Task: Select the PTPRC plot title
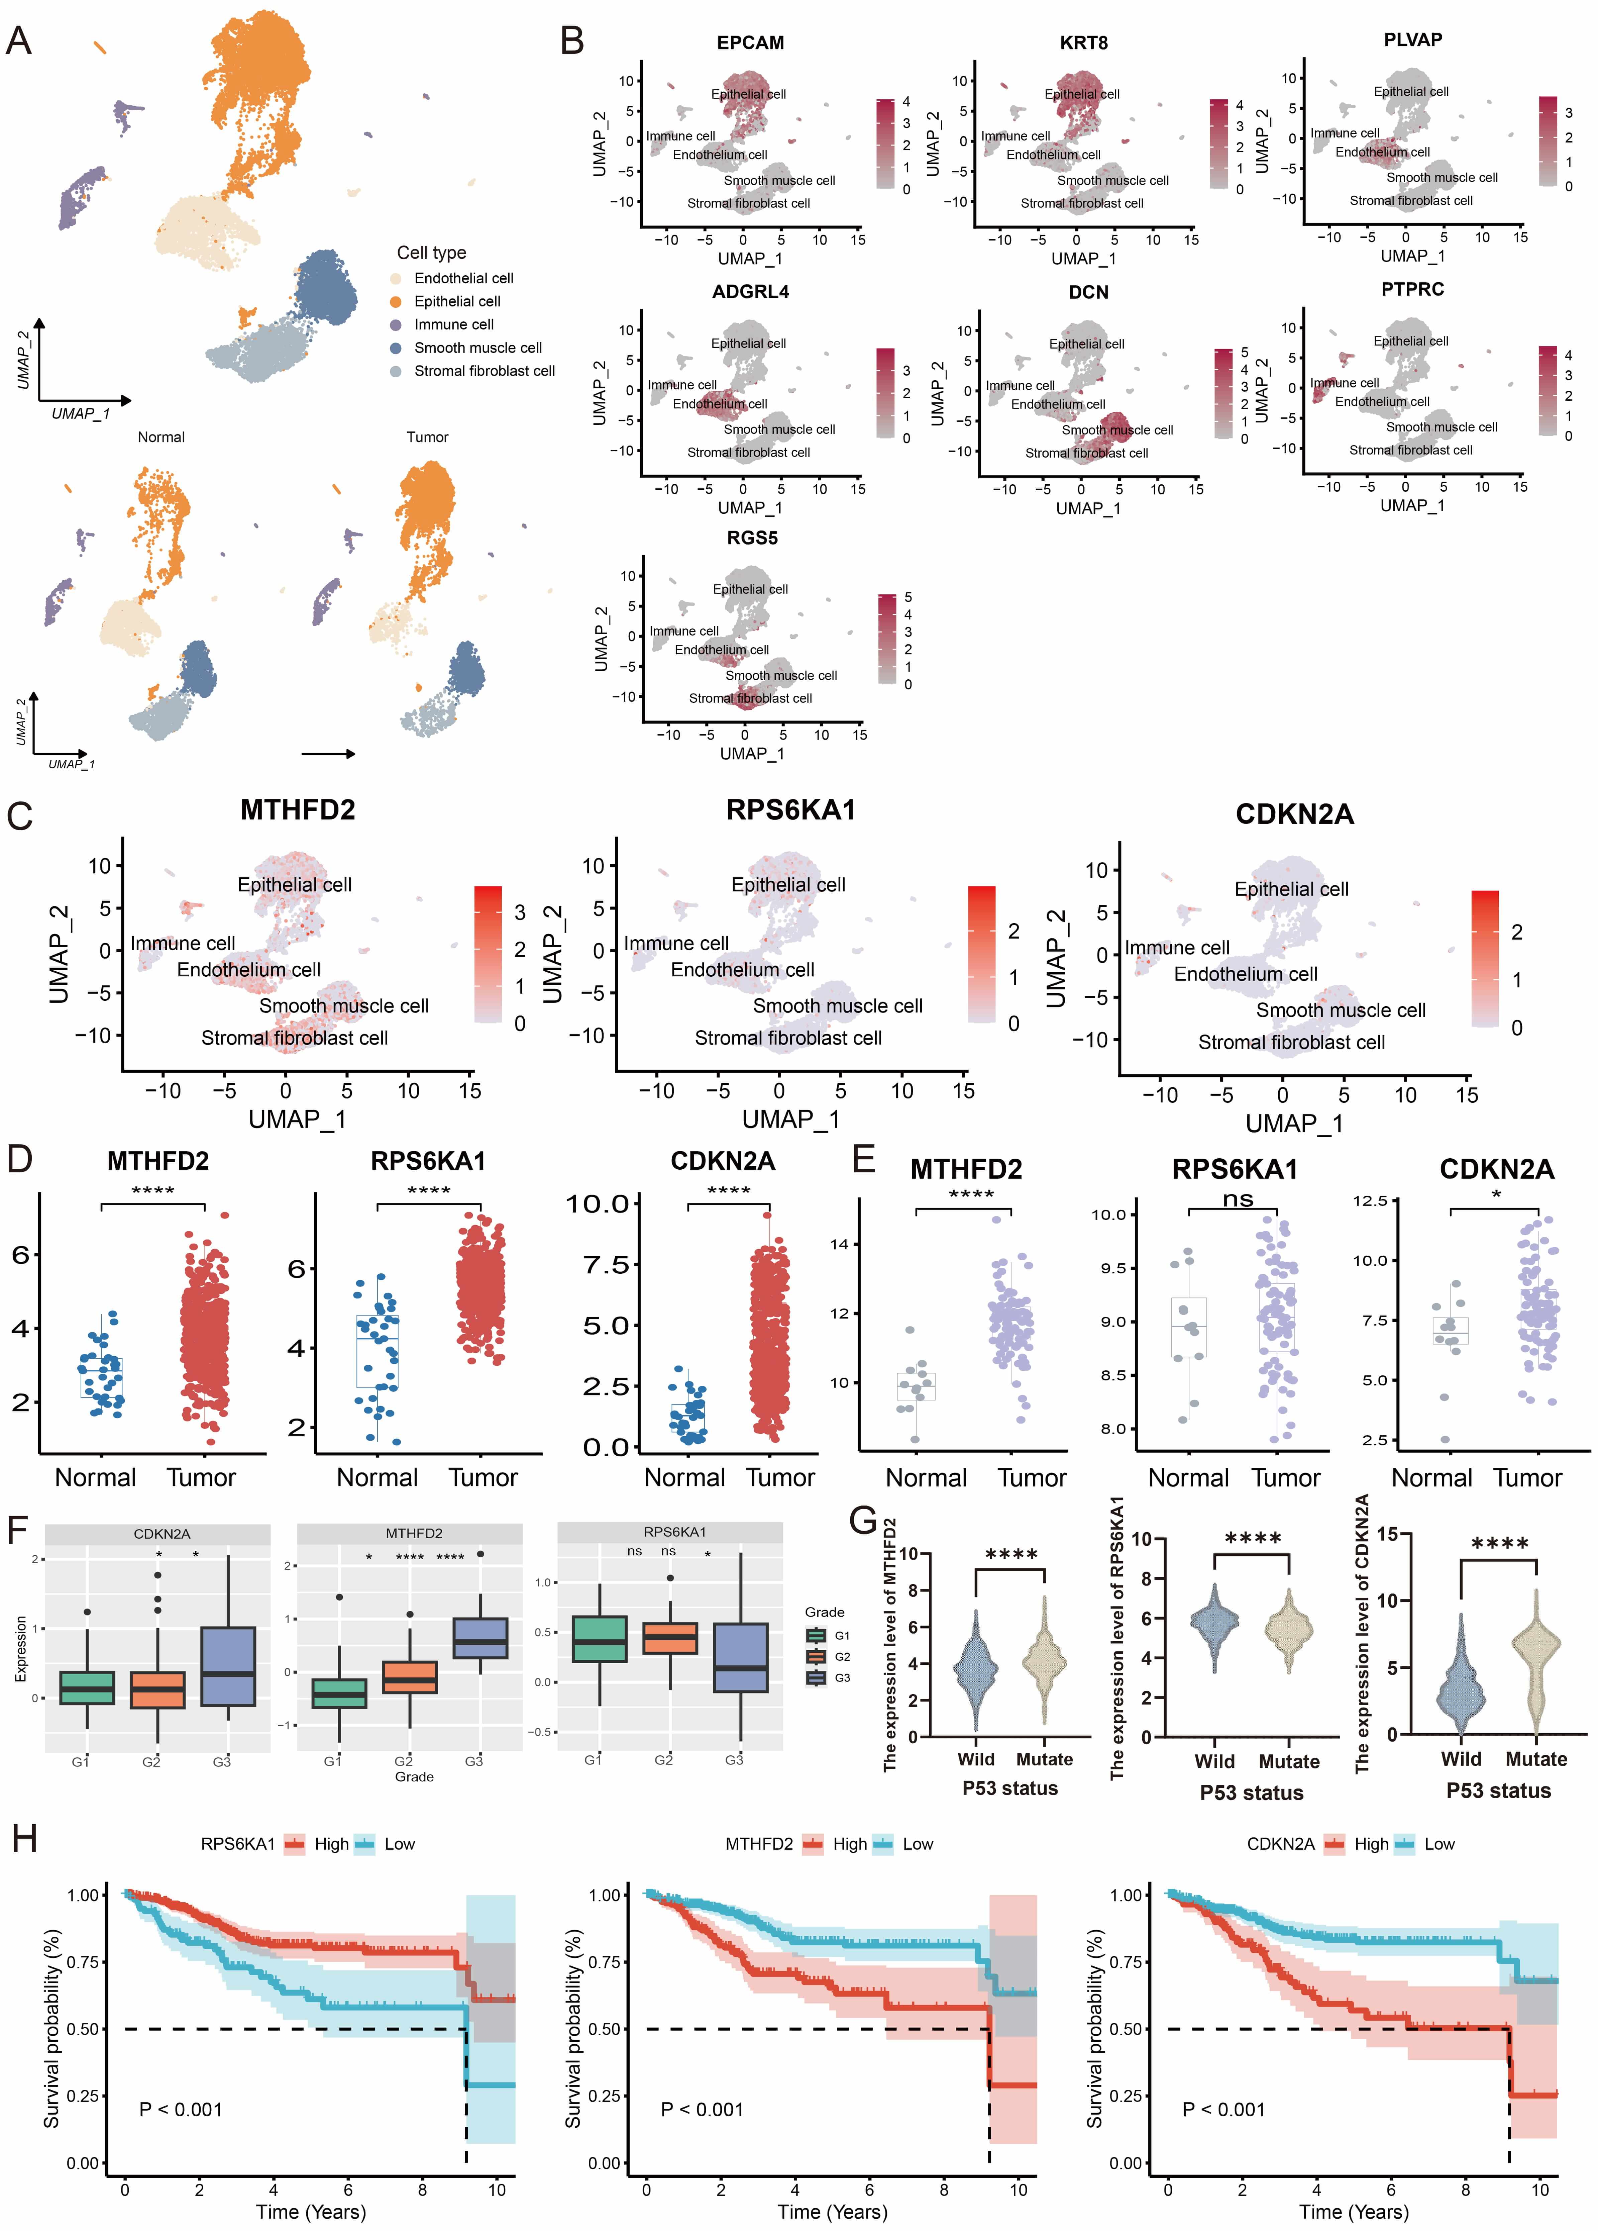pyautogui.click(x=1412, y=289)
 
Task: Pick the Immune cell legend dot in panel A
pyautogui.click(x=395, y=325)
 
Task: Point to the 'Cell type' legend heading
pyautogui.click(x=432, y=253)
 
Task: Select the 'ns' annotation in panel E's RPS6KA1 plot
pyautogui.click(x=1237, y=1198)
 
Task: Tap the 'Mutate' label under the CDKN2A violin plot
pyautogui.click(x=1536, y=1759)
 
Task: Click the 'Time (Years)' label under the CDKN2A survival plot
pyautogui.click(x=1353, y=2211)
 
